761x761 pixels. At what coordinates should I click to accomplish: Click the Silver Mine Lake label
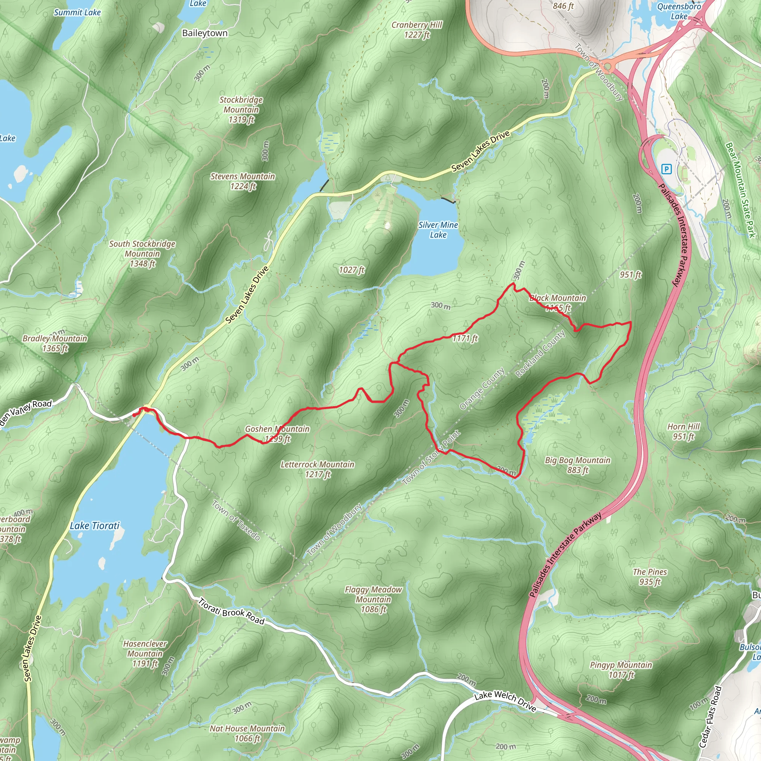(x=438, y=230)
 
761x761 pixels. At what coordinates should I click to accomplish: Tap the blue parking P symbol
(x=666, y=169)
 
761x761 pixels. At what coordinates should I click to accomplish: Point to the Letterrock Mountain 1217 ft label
(x=317, y=469)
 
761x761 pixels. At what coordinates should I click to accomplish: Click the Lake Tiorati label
(x=94, y=526)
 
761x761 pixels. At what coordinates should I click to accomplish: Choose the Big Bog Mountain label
(x=577, y=465)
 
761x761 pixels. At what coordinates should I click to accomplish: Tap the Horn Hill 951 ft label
(x=683, y=431)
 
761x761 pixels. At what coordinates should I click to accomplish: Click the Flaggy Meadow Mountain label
(x=373, y=599)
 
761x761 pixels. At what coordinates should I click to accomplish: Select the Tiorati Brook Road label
(x=231, y=611)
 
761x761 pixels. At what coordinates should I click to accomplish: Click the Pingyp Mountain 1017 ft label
(x=621, y=670)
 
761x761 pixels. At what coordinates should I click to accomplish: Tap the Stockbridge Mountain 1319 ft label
(x=241, y=110)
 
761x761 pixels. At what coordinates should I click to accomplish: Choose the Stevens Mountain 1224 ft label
(x=243, y=181)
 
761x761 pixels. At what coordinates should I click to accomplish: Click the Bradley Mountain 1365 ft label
(x=55, y=343)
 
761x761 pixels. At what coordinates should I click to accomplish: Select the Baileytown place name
(x=205, y=33)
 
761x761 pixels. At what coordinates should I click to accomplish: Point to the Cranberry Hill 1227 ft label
(x=417, y=30)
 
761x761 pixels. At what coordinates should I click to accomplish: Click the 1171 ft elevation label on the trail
(x=465, y=339)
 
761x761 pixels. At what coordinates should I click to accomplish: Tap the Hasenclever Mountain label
(x=145, y=654)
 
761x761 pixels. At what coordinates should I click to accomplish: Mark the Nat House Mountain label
(x=247, y=733)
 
